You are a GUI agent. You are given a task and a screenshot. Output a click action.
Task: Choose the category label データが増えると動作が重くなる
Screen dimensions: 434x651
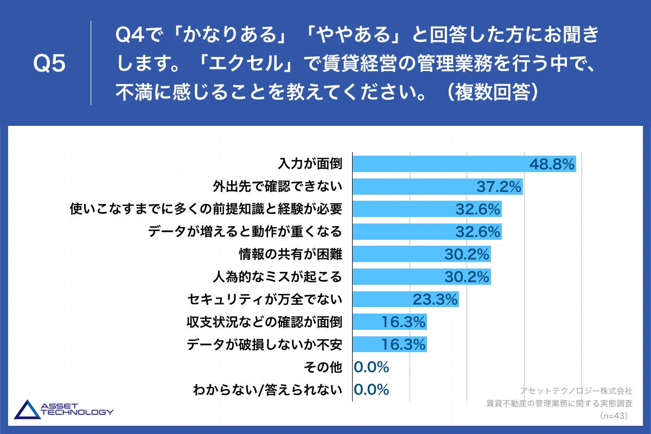tap(245, 232)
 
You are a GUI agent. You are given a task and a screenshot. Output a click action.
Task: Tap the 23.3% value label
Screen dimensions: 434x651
tap(435, 299)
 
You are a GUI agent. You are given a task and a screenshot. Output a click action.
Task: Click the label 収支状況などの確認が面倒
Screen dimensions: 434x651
tap(264, 322)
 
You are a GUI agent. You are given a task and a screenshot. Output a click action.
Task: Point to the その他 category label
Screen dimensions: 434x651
tap(324, 367)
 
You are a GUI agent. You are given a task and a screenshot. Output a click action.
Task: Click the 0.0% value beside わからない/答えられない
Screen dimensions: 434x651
tap(372, 390)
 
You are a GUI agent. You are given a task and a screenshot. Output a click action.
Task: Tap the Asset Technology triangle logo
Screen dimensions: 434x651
tap(26, 410)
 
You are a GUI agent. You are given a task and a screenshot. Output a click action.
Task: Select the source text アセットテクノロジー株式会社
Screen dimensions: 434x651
tap(576, 391)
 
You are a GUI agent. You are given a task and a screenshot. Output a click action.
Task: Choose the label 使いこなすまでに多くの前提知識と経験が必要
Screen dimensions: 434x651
tap(207, 209)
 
